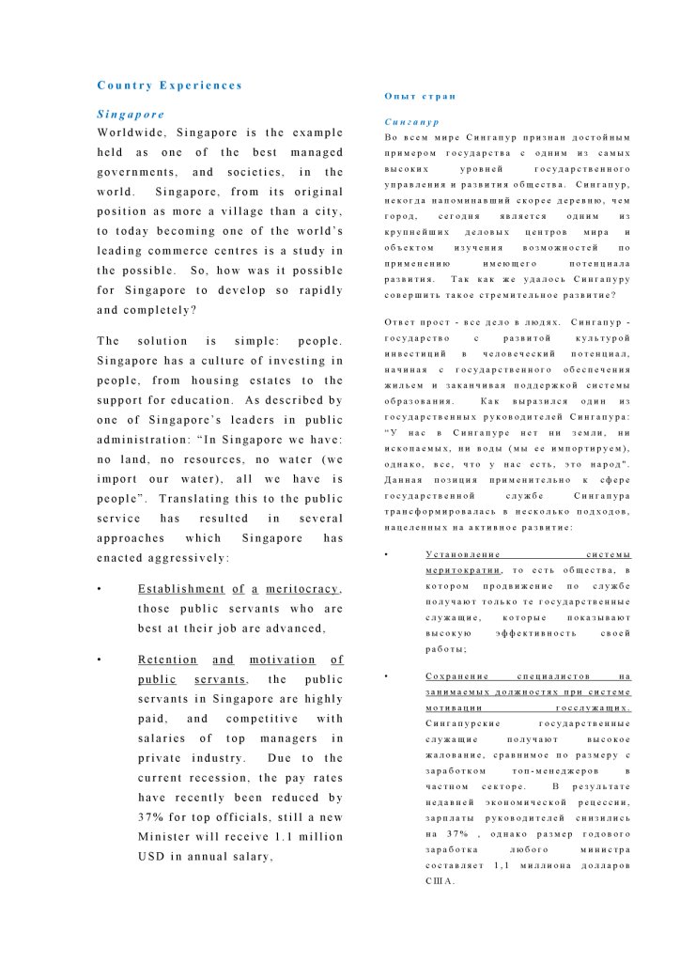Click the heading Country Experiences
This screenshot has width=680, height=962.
(x=169, y=85)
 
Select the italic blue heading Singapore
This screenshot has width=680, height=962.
(x=131, y=115)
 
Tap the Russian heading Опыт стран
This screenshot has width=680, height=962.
(x=420, y=97)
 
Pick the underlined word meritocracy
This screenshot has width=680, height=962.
(x=302, y=589)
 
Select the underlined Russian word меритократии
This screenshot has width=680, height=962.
(x=464, y=570)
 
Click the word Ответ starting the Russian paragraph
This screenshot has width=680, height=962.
(x=404, y=323)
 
